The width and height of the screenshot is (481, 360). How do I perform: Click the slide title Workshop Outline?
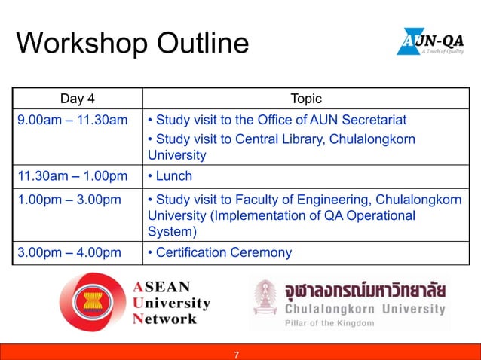[132, 43]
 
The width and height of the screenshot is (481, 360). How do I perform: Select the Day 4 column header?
[78, 99]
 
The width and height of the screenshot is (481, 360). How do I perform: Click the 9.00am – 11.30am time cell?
[72, 120]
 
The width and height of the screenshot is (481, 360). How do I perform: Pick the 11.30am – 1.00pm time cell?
[72, 176]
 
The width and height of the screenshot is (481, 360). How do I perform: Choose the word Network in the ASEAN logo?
[165, 319]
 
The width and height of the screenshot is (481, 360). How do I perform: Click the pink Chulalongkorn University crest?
[265, 297]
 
